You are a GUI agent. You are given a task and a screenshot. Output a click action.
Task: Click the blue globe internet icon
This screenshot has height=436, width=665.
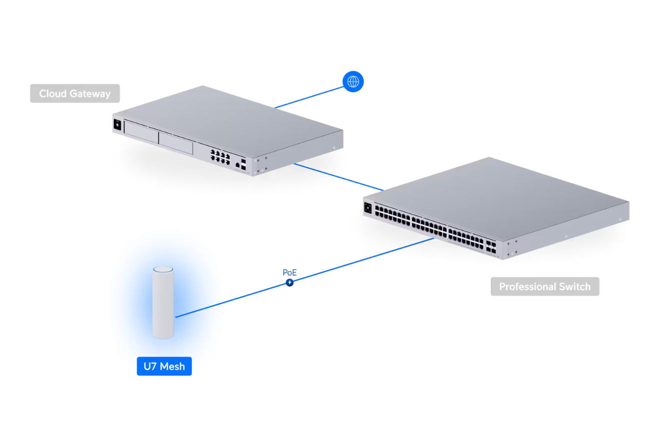353,81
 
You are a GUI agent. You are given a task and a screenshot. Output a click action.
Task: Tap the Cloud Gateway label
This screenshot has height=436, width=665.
75,93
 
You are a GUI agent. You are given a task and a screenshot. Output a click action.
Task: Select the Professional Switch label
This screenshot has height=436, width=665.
545,287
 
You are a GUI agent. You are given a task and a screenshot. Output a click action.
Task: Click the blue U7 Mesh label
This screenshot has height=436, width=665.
164,366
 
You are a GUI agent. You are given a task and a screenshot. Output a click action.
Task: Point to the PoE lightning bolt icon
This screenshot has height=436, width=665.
290,283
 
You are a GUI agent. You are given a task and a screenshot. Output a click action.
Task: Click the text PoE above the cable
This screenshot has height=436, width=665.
290,273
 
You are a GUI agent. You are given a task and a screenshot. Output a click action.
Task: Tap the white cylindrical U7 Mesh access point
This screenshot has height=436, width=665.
163,305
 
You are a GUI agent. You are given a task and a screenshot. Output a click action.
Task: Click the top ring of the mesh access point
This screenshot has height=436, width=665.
163,270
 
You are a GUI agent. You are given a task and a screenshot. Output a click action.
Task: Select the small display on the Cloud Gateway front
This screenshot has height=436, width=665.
118,125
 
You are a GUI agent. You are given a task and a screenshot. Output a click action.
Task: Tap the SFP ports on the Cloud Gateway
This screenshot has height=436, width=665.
243,164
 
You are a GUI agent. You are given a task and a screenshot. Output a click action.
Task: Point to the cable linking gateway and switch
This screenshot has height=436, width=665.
339,177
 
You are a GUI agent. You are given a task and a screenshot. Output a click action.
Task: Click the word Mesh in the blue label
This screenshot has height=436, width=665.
172,366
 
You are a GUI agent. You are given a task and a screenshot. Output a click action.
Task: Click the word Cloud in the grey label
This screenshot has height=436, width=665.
52,93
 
